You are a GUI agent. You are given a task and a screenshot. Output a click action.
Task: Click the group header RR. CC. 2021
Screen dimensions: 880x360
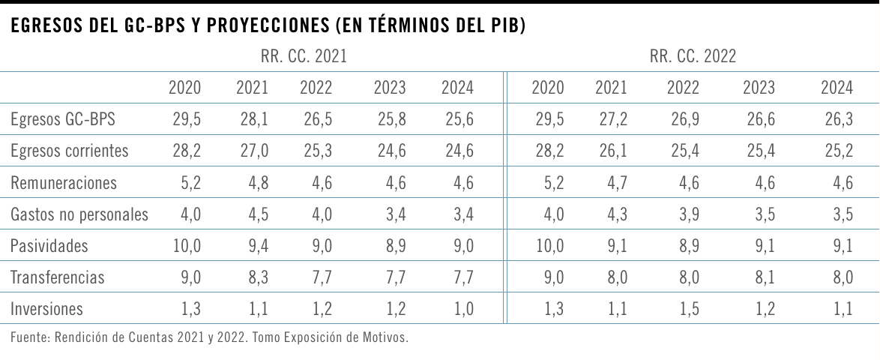304,56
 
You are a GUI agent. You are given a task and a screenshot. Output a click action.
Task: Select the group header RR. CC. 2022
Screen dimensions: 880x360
693,56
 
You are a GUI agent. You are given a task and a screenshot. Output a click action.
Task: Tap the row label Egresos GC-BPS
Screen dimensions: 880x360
64,119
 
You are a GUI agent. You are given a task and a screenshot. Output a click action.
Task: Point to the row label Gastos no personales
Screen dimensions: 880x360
79,214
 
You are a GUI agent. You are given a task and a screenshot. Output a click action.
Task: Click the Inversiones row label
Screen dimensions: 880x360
47,308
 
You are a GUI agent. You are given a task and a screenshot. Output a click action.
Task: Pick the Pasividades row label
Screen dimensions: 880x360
49,245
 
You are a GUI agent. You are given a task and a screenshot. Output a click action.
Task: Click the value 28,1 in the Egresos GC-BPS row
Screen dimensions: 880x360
252,119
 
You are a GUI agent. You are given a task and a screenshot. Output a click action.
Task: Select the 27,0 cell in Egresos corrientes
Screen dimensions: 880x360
252,151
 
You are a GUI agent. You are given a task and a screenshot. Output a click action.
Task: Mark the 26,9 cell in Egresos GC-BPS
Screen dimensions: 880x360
683,119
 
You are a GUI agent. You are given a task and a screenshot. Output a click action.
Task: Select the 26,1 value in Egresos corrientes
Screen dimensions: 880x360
611,151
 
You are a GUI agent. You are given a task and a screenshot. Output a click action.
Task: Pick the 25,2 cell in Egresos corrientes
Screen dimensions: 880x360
837,151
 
